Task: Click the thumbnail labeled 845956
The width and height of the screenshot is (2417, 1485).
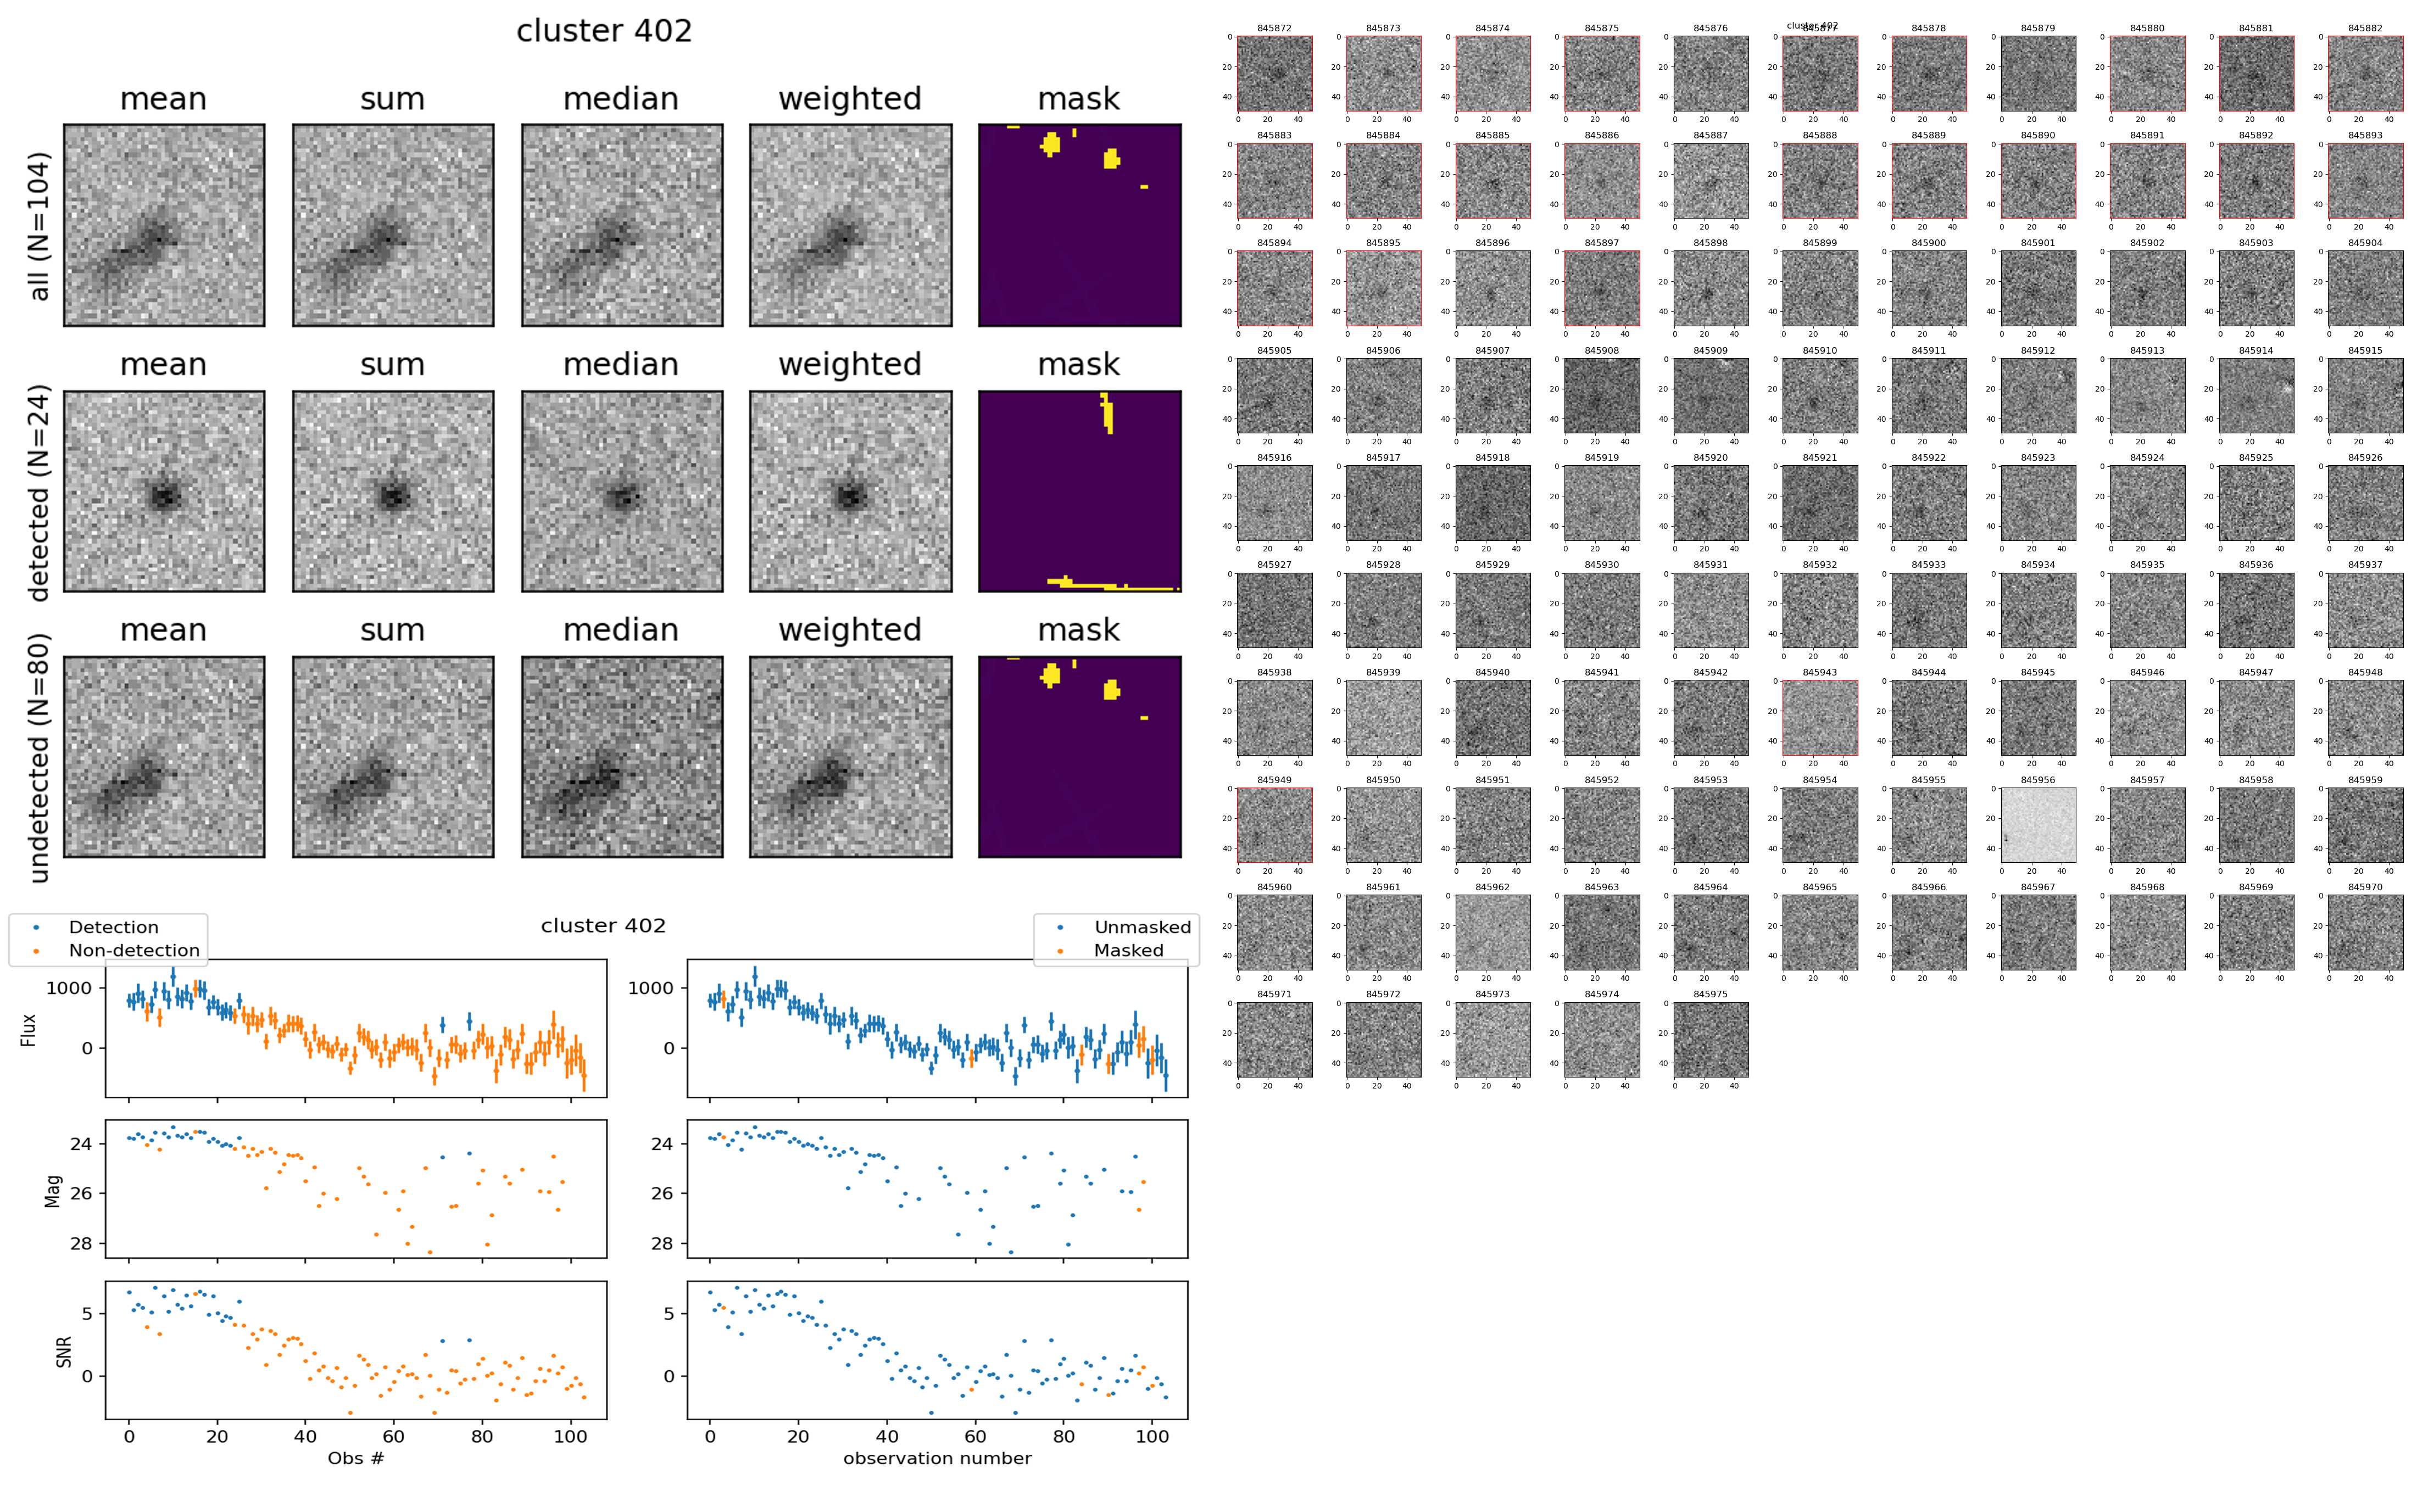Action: pos(2038,825)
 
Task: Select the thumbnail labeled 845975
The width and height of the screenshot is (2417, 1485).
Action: pos(1710,1039)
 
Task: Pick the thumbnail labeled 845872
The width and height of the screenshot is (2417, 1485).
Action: pos(1274,74)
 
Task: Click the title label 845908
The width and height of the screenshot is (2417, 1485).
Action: pos(1601,350)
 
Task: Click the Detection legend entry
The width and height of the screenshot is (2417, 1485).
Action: pos(113,927)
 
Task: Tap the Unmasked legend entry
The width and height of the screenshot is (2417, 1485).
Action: pos(1142,927)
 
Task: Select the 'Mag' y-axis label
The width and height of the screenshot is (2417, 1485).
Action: pos(54,1190)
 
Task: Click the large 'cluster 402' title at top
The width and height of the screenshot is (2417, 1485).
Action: pos(604,31)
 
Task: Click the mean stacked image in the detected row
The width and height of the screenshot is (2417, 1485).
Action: pos(164,491)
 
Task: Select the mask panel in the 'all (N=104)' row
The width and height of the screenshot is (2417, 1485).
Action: pos(1079,225)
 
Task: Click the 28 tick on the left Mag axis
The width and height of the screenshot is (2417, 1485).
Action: pos(81,1243)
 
